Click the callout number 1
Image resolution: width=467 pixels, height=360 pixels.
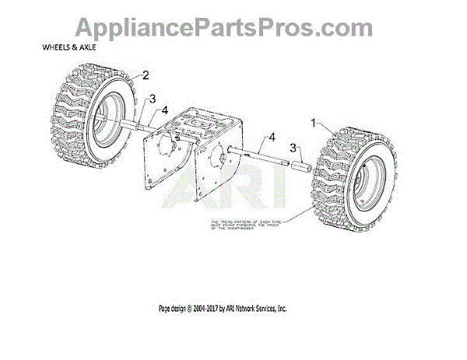[314, 123]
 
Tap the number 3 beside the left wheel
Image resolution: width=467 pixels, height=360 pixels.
[153, 99]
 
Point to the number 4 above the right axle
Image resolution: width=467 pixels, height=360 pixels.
[272, 138]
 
